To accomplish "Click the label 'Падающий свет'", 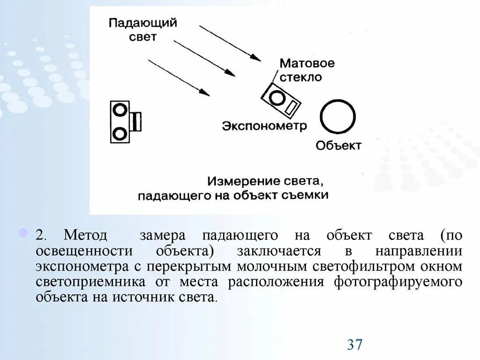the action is pos(142,30).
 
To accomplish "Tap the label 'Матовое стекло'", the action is pos(307,70).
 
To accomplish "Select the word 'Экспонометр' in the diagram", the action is pos(264,126).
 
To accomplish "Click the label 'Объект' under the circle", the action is pos(338,145).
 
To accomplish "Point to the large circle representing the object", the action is pos(338,117).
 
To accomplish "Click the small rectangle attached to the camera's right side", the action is pos(136,122).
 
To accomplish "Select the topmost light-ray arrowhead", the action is pos(255,58).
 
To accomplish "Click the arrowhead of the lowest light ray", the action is pos(205,92).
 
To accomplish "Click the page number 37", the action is pos(355,345).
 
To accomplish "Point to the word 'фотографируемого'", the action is pos(398,282).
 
